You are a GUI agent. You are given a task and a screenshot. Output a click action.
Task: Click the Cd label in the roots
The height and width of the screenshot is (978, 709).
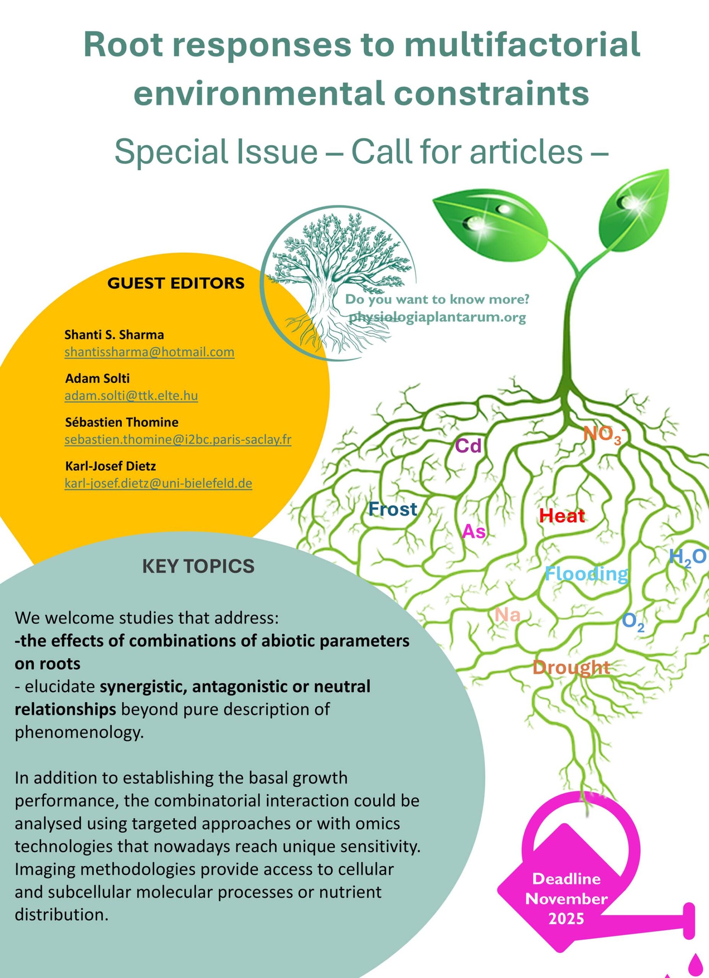coord(468,446)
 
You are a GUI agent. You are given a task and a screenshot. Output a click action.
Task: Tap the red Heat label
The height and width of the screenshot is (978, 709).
coord(562,516)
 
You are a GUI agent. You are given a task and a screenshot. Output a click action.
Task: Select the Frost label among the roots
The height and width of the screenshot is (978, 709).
coord(393,509)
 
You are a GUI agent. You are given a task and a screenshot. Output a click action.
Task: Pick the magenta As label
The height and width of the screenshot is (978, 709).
coord(473,532)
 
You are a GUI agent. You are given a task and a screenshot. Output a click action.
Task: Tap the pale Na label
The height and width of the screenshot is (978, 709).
coord(507,615)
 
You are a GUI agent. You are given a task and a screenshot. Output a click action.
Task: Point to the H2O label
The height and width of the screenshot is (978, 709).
coord(688,557)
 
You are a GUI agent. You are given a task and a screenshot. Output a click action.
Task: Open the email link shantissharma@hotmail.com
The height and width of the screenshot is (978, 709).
coord(149,352)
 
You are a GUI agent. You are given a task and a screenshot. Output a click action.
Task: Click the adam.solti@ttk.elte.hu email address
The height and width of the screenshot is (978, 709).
coord(131,395)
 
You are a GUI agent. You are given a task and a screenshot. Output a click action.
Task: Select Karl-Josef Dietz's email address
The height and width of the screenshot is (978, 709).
coord(158,483)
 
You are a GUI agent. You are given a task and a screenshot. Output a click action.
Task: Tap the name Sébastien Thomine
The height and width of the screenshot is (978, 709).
coord(122,422)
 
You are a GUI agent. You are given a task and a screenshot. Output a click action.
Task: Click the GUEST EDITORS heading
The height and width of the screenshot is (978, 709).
coord(176,283)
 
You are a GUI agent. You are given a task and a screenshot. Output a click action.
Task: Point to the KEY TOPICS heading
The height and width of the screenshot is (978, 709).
coord(198,566)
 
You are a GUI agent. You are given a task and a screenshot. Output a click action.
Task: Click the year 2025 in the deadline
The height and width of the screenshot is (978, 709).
coord(566,919)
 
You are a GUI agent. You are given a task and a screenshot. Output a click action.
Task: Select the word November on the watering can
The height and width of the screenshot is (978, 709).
coord(566,899)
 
